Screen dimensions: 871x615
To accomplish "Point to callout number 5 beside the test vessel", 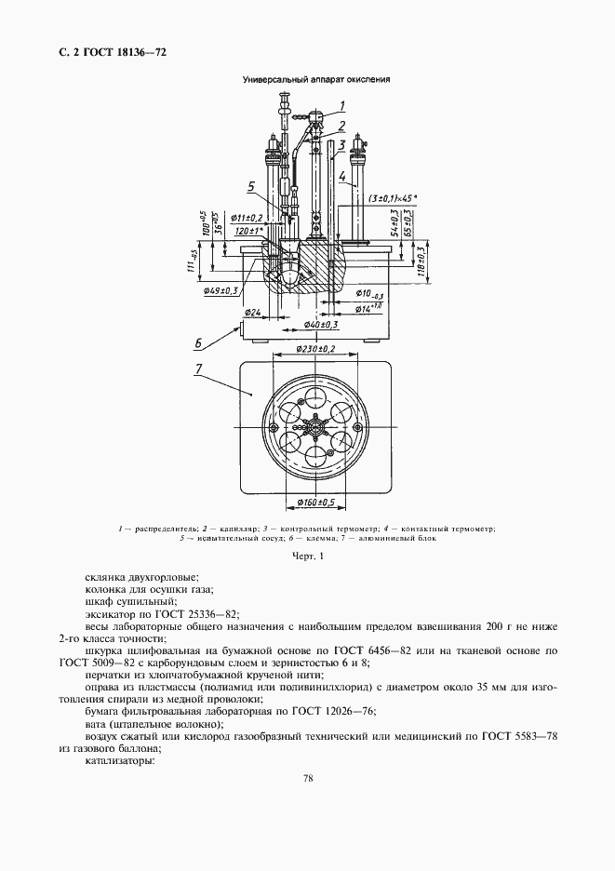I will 250,186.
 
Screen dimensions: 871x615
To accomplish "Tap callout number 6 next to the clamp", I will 198,342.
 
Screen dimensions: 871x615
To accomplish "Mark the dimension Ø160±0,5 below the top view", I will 316,503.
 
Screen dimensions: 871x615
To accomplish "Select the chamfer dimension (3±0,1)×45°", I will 392,198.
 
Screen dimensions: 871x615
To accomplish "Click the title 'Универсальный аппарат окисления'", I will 315,80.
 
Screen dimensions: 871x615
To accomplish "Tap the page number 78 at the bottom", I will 307,779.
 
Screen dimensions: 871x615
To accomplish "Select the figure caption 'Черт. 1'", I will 307,556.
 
